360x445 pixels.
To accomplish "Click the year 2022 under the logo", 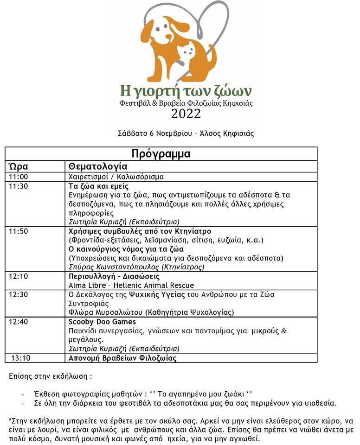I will pos(186,114).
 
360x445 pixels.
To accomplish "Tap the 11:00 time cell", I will pos(19,177).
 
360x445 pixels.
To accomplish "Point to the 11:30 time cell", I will pos(19,186).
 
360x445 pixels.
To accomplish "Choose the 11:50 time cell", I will pos(19,231).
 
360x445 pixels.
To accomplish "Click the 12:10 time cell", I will pos(19,276).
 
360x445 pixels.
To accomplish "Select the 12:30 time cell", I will pos(19,294).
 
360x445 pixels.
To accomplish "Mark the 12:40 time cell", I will pos(19,322).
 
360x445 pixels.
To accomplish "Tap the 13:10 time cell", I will pos(20,358).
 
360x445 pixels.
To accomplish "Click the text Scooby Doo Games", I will pos(102,322).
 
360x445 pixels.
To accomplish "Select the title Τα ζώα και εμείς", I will pos(95,186).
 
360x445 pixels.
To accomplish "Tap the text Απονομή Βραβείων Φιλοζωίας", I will pos(122,358).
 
